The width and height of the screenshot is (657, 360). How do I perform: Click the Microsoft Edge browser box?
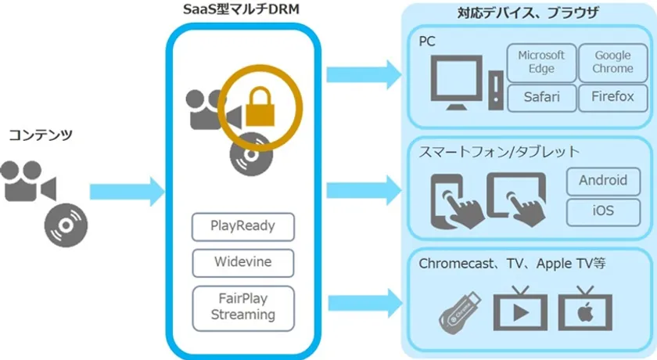click(541, 63)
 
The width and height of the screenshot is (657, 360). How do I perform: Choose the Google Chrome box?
click(613, 63)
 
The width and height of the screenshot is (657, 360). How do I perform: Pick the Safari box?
click(541, 98)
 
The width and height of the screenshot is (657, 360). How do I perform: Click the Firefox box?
click(613, 98)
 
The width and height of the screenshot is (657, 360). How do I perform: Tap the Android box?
click(602, 181)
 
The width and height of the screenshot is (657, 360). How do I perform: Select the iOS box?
click(602, 211)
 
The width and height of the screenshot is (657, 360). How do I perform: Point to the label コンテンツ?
click(41, 135)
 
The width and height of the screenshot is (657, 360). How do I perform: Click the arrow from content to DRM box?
click(126, 191)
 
